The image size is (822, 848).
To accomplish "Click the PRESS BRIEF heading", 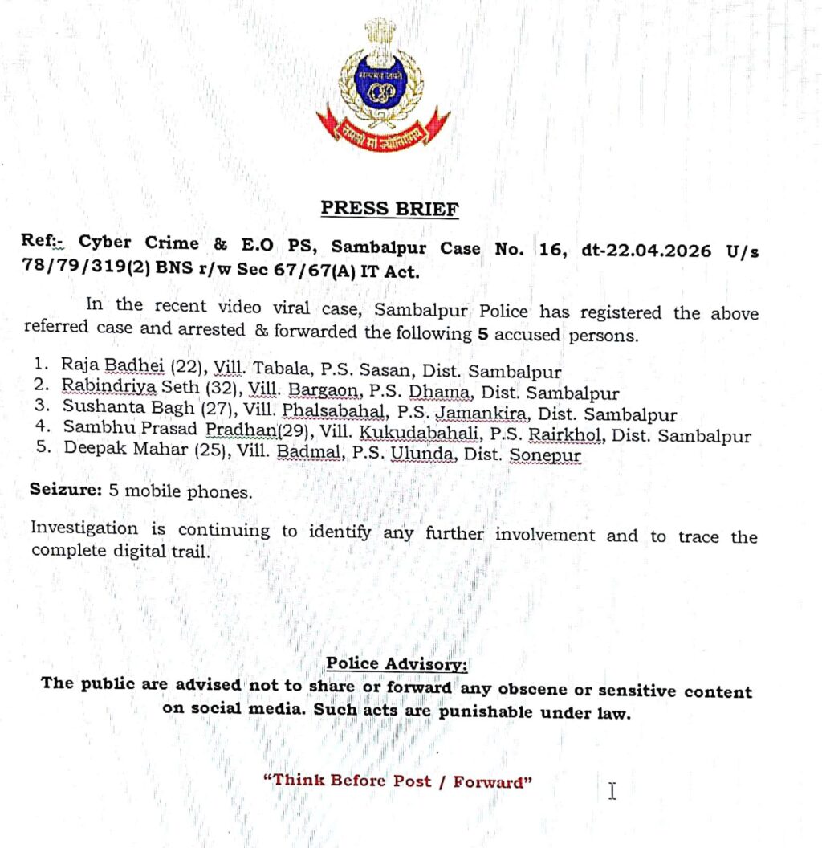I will tap(390, 209).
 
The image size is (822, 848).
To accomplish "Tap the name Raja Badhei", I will tap(108, 372).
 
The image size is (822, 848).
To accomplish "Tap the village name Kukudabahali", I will tap(400, 436).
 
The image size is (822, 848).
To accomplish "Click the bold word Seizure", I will tap(63, 489).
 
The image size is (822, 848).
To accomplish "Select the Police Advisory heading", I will tap(396, 664).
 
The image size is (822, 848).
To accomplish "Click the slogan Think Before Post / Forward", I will tap(399, 781).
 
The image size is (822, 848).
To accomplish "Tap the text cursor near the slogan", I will tap(612, 791).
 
